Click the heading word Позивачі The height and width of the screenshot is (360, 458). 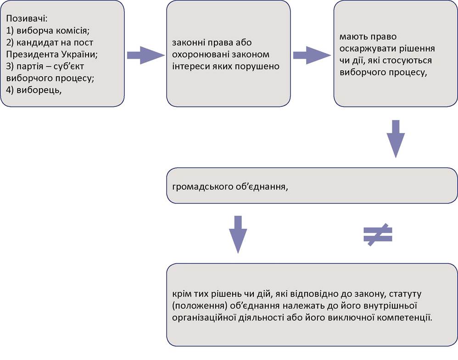click(x=27, y=19)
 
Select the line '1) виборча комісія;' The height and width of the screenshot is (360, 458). click(x=48, y=31)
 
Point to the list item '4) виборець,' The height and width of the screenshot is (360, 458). click(x=34, y=90)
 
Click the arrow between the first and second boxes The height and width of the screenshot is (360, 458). click(x=146, y=55)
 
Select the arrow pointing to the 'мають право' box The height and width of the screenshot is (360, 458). click(x=312, y=55)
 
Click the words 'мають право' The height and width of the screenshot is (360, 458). click(x=368, y=37)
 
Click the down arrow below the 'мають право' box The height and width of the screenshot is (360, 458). click(x=396, y=139)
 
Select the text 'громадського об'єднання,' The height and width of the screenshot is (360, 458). click(x=230, y=187)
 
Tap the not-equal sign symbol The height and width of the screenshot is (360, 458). click(x=378, y=234)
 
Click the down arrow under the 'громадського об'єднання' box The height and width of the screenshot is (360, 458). click(x=238, y=234)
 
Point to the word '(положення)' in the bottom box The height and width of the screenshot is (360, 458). click(x=200, y=306)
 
